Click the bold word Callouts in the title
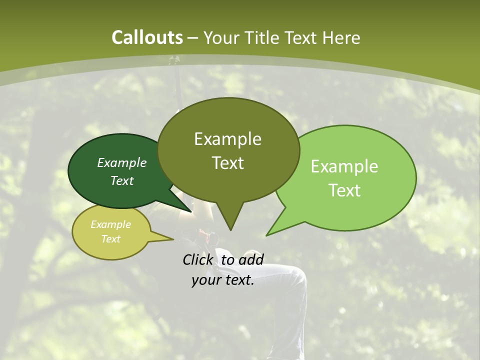[147, 38]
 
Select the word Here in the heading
[341, 38]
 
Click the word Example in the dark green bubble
[122, 162]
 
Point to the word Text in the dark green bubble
[122, 180]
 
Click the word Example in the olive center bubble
[227, 139]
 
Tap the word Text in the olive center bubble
[227, 163]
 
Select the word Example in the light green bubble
[344, 166]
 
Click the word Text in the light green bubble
[344, 190]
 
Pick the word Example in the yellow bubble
[110, 224]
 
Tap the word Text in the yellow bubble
[110, 239]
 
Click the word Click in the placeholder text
[198, 259]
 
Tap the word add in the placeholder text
[250, 259]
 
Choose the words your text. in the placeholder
[223, 280]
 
